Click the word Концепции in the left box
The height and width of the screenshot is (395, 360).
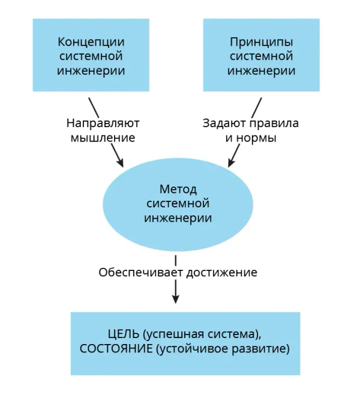point(91,42)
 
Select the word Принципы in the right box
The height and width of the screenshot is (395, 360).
point(262,42)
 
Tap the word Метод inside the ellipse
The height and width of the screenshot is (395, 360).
point(178,189)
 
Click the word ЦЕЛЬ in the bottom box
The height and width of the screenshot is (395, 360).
point(124,334)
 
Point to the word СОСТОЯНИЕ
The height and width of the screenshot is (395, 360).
point(116,349)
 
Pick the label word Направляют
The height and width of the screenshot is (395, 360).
point(103,123)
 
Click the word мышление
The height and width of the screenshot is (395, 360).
point(103,138)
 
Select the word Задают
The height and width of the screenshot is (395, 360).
point(224,123)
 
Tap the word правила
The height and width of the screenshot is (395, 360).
point(274,123)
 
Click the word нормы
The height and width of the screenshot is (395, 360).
point(257,138)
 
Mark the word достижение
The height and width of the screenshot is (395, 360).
point(222,273)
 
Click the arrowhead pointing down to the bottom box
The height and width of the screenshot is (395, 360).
point(175,300)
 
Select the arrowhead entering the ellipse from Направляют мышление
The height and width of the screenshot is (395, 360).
point(120,163)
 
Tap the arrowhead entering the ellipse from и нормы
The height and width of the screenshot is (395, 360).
point(231,162)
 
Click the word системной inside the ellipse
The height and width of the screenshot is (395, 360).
point(178,204)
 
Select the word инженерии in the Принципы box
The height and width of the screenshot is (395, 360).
point(262,71)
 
